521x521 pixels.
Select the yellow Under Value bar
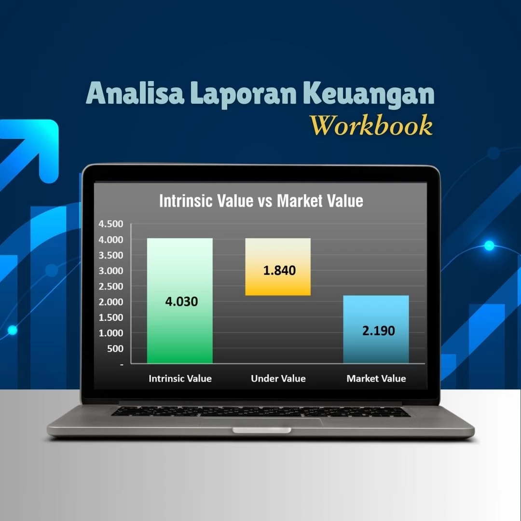pyautogui.click(x=278, y=285)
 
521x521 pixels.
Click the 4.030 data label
pyautogui.click(x=181, y=302)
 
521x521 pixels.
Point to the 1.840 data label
pyautogui.click(x=279, y=270)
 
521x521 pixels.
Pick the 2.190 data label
pyautogui.click(x=378, y=331)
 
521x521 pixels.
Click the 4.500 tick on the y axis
pyautogui.click(x=111, y=224)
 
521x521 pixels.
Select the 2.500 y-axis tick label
pyautogui.click(x=111, y=286)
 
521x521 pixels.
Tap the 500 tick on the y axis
pyautogui.click(x=115, y=348)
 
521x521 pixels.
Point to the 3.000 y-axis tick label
pyautogui.click(x=111, y=271)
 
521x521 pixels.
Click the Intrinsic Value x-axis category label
pyautogui.click(x=180, y=379)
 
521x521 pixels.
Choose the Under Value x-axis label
pyautogui.click(x=278, y=379)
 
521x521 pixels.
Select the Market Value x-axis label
pyautogui.click(x=376, y=379)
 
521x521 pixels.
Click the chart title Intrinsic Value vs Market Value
pyautogui.click(x=261, y=201)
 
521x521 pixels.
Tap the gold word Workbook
pyautogui.click(x=371, y=125)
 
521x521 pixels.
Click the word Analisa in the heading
pyautogui.click(x=135, y=94)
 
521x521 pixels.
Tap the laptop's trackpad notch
pyautogui.click(x=261, y=429)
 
